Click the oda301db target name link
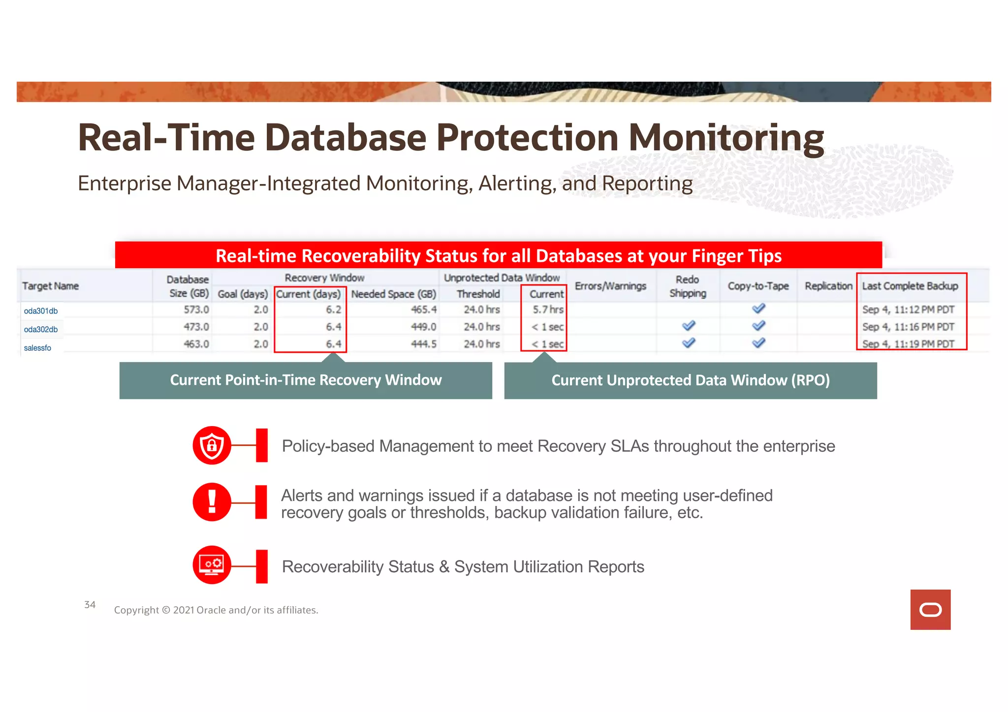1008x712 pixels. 41,311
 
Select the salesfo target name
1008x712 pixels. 37,348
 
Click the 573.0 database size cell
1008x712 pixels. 196,310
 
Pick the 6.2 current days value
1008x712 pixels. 333,310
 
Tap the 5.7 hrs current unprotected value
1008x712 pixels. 548,310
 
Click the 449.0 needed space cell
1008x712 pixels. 423,327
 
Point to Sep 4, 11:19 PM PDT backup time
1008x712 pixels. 908,344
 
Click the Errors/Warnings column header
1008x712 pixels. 610,286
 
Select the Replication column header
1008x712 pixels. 828,286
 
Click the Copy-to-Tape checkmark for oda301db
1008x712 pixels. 758,309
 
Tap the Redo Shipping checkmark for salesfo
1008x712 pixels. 688,343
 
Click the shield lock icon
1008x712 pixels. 212,445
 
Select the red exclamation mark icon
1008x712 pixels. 212,502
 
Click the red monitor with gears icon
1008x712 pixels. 212,565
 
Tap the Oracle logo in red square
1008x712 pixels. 930,610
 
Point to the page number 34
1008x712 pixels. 90,605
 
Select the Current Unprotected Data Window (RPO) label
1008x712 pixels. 690,380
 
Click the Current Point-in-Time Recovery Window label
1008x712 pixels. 306,380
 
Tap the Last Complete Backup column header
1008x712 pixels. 910,286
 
